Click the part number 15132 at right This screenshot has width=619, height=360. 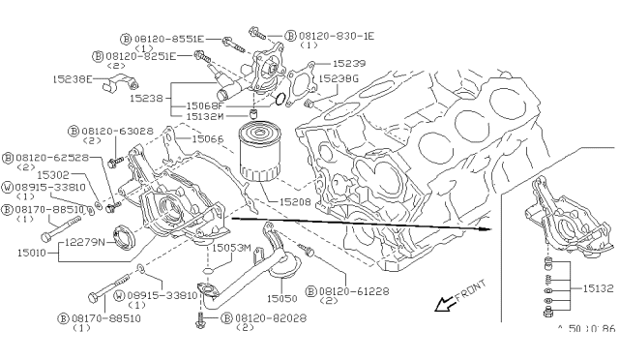(x=598, y=287)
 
